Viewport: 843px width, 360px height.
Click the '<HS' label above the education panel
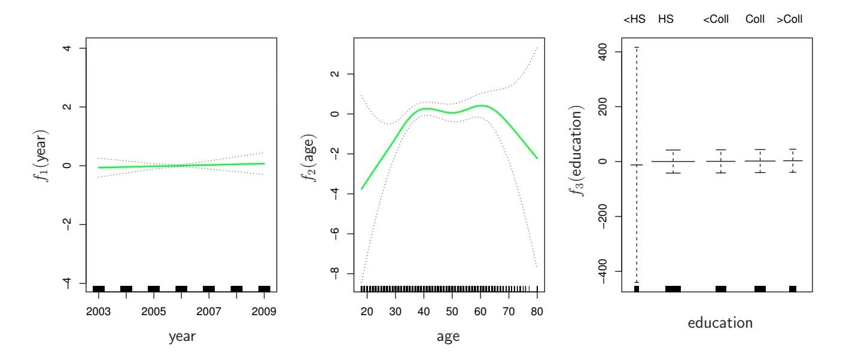pyautogui.click(x=635, y=20)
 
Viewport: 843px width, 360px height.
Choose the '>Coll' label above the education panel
pyautogui.click(x=790, y=20)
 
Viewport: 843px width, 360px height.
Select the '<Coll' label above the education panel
pyautogui.click(x=716, y=20)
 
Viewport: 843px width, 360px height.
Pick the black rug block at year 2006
pyautogui.click(x=181, y=289)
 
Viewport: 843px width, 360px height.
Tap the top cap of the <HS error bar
pyautogui.click(x=637, y=47)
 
